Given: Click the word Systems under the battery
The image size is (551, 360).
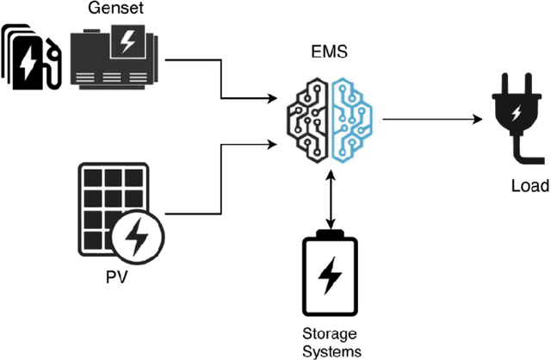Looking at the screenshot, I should tap(330, 351).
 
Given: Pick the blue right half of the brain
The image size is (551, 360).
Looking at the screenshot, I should tap(352, 120).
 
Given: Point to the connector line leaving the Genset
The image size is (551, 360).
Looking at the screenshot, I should tap(194, 60).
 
